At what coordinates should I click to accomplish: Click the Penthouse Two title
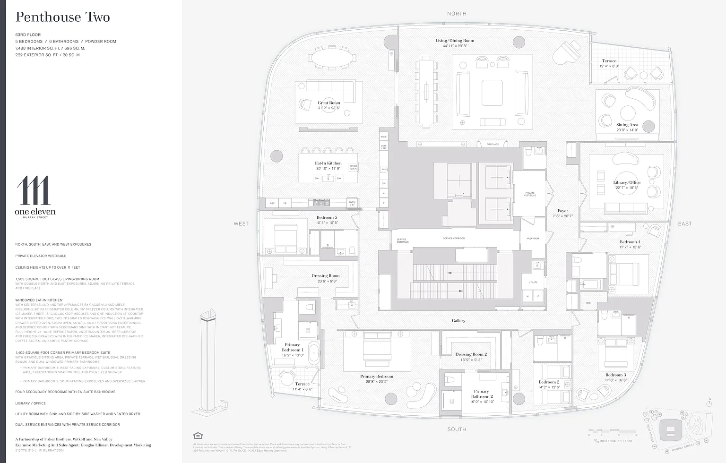click(63, 17)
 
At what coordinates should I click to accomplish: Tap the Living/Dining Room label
click(455, 41)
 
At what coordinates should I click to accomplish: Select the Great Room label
click(329, 103)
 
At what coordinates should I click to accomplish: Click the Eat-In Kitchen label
click(328, 163)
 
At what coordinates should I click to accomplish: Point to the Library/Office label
click(627, 182)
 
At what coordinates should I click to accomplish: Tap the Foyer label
click(562, 211)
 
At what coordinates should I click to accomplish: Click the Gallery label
click(458, 321)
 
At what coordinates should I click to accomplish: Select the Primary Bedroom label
click(377, 377)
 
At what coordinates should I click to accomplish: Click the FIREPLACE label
click(493, 144)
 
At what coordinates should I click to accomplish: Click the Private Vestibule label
click(530, 194)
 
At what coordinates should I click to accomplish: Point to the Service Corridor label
click(454, 239)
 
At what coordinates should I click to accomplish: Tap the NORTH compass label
click(457, 14)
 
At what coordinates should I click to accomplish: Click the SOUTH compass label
click(457, 429)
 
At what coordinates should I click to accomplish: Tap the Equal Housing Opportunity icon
click(198, 436)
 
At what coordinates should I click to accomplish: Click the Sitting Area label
click(627, 125)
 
